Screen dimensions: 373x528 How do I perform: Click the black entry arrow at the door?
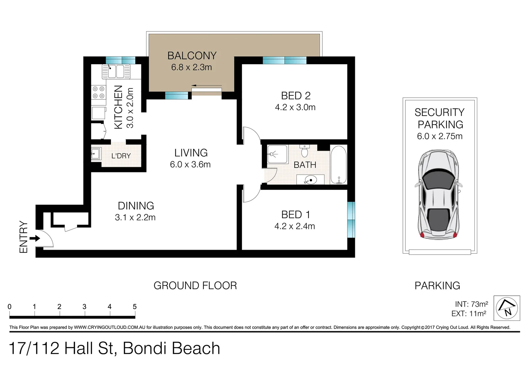(x=35, y=238)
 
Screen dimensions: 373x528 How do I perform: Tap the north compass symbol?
(x=507, y=308)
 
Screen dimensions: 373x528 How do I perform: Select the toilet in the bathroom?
(x=304, y=151)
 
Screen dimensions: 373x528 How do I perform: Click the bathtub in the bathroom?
(x=338, y=165)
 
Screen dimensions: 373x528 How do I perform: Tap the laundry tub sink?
(x=96, y=153)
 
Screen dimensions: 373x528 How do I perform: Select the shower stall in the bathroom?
(x=277, y=154)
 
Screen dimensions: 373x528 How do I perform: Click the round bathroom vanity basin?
(x=310, y=180)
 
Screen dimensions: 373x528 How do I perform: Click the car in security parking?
(x=439, y=195)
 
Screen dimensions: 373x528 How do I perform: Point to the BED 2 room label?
(x=295, y=96)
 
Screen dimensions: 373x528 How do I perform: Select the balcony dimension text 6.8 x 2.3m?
(x=191, y=67)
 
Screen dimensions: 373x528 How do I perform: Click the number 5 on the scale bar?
(x=134, y=307)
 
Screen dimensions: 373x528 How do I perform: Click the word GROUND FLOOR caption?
(x=195, y=286)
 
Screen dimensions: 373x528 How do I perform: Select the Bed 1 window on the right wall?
(x=351, y=220)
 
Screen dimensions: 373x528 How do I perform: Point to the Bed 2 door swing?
(x=252, y=136)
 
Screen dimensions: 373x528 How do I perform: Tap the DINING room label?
(x=136, y=206)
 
